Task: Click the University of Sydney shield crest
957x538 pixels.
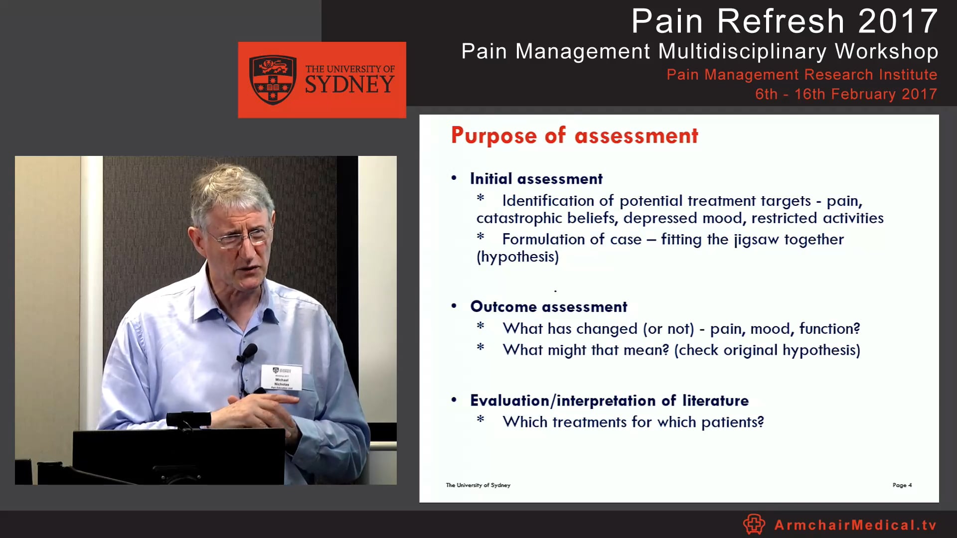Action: coord(273,80)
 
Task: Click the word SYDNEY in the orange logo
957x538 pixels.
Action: coord(349,85)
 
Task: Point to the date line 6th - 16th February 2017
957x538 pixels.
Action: coord(846,94)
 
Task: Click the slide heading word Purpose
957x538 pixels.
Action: coord(493,136)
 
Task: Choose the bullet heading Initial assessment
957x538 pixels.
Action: coord(536,179)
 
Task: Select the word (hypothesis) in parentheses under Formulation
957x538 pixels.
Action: coord(517,257)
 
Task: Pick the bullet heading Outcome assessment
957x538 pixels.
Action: coord(548,307)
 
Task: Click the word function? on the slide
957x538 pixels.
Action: coord(829,329)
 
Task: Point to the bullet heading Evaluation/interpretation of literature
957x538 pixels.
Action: coord(609,401)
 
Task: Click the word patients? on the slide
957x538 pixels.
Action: coord(732,422)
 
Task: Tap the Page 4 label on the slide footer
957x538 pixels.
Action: coord(902,485)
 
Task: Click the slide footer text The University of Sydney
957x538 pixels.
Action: coord(478,485)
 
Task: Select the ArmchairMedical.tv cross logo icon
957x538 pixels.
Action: coord(754,524)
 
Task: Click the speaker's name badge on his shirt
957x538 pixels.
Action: coord(282,377)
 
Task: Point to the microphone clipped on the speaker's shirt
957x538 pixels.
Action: coord(248,352)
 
